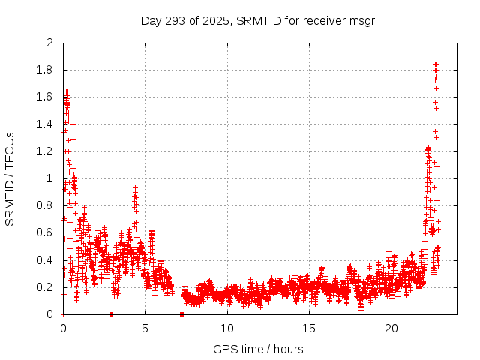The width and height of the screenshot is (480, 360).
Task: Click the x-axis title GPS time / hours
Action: point(258,349)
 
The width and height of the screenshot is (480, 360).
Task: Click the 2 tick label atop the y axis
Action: point(50,43)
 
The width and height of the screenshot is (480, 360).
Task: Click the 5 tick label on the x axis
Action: point(145,328)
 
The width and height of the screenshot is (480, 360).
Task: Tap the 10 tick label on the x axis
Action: point(227,328)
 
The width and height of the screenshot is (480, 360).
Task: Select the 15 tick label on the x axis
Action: point(309,328)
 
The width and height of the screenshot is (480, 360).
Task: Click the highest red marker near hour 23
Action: point(436,64)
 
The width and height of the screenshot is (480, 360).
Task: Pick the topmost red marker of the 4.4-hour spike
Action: point(135,188)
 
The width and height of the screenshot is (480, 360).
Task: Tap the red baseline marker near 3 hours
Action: point(111,314)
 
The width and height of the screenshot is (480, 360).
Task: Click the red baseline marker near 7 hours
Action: point(182,314)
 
